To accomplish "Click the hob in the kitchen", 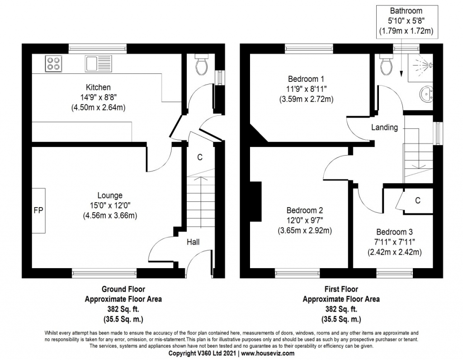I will point(53,63).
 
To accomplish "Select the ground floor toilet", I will point(201,66).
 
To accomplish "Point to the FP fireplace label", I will point(38,211).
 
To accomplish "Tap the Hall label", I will point(193,242).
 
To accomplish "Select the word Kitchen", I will point(98,87).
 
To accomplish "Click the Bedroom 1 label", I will point(307,78).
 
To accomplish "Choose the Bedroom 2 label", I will point(304,210).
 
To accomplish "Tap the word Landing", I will point(384,128).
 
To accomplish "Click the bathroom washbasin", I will point(425,95).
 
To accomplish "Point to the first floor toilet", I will point(386,66).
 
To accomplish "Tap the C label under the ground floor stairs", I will point(199,157).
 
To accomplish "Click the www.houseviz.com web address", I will point(269,353).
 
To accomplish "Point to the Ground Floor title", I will point(123,289).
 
